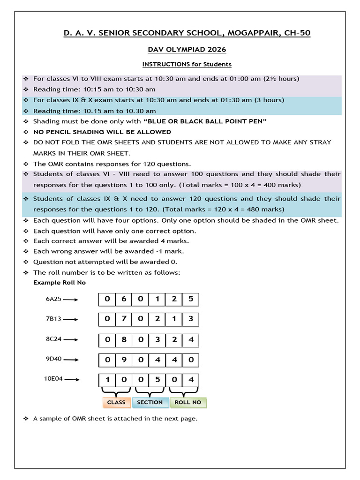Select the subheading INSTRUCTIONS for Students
click(187, 64)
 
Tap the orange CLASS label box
click(116, 402)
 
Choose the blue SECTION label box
click(150, 402)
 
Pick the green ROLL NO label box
click(187, 402)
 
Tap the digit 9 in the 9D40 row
click(124, 360)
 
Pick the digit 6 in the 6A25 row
click(124, 299)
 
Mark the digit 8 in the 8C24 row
click(124, 340)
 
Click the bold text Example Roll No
click(60, 283)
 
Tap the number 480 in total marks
click(260, 210)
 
